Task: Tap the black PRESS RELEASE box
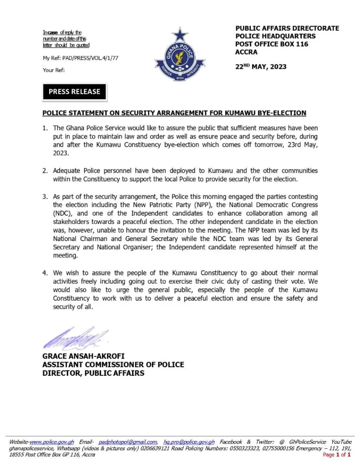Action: pyautogui.click(x=74, y=91)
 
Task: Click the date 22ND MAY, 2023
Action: pyautogui.click(x=261, y=66)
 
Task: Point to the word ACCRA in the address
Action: pyautogui.click(x=246, y=52)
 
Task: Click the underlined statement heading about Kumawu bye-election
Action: pyautogui.click(x=174, y=113)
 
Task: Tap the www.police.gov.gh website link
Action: pyautogui.click(x=52, y=442)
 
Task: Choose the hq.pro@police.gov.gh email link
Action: pyautogui.click(x=189, y=442)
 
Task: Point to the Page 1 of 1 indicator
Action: pyautogui.click(x=337, y=455)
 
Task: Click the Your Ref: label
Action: pyautogui.click(x=54, y=70)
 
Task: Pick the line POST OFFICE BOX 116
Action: pyautogui.click(x=272, y=44)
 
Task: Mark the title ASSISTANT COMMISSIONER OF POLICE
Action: pyautogui.click(x=113, y=365)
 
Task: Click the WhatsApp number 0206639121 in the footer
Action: pyautogui.click(x=162, y=448)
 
